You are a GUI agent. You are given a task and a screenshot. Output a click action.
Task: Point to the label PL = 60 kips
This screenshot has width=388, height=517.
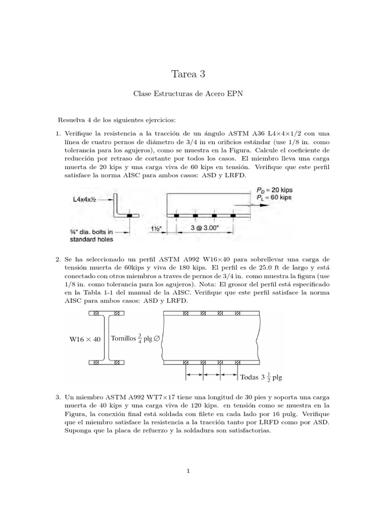[271, 198]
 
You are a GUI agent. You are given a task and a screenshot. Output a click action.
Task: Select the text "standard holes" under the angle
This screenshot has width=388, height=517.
[92, 239]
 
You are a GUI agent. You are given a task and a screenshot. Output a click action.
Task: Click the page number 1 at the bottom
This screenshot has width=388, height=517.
[188, 472]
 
